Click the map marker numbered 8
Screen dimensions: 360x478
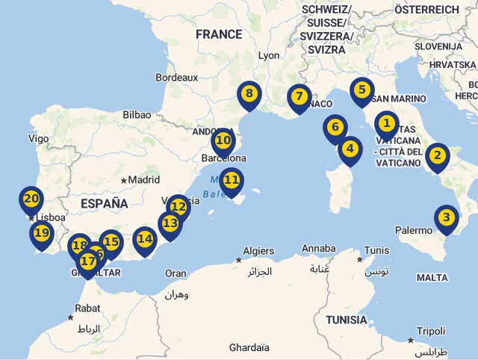tap(249, 95)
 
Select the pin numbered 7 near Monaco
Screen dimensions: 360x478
tap(299, 97)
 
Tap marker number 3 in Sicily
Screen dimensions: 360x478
tap(446, 219)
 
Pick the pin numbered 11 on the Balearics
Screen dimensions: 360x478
tap(232, 180)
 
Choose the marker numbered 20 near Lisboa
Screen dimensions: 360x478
tap(31, 199)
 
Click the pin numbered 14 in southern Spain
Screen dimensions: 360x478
tap(144, 240)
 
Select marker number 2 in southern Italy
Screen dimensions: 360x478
tap(437, 156)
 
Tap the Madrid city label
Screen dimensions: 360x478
tap(143, 180)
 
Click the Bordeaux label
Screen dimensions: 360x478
tap(176, 77)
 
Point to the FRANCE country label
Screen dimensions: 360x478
tap(219, 34)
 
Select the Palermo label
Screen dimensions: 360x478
tap(414, 231)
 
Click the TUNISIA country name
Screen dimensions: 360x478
tap(346, 320)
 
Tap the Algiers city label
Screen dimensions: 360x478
tap(259, 250)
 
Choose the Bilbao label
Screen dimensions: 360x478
tap(137, 115)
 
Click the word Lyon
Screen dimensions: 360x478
tap(268, 56)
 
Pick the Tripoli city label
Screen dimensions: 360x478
tap(431, 331)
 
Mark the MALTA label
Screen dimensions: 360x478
tap(432, 278)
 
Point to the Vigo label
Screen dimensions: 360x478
tap(38, 138)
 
